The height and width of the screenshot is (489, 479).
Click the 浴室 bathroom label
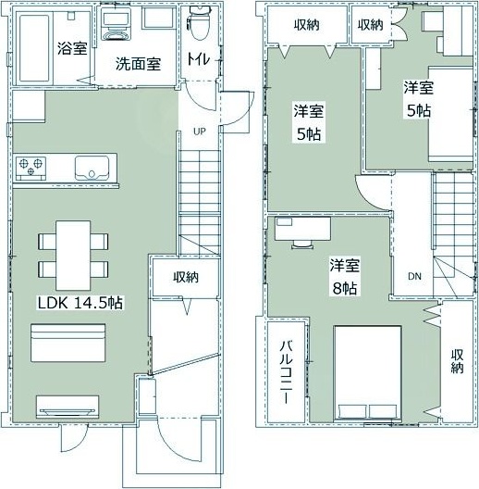pyautogui.click(x=72, y=48)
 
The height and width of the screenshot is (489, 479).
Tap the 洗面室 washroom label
pyautogui.click(x=139, y=64)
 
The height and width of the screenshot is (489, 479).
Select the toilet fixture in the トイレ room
pyautogui.click(x=198, y=23)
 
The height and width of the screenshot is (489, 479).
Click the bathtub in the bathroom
pyautogui.click(x=34, y=48)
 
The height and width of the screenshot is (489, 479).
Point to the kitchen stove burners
pyautogui.click(x=31, y=169)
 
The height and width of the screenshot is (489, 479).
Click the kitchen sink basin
pyautogui.click(x=92, y=169)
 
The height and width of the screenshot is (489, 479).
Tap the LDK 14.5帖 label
pyautogui.click(x=80, y=303)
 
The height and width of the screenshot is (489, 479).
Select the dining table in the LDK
pyautogui.click(x=73, y=256)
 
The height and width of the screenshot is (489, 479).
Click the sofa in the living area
pyautogui.click(x=68, y=343)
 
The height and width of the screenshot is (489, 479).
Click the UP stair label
pyautogui.click(x=200, y=132)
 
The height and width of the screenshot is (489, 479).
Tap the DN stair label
pyautogui.click(x=414, y=276)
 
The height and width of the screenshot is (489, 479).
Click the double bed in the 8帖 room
pyautogui.click(x=367, y=373)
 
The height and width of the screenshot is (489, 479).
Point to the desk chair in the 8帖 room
pyautogui.click(x=302, y=244)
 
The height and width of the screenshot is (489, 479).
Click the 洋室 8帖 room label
pyautogui.click(x=344, y=276)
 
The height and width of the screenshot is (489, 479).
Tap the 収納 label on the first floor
pyautogui.click(x=186, y=277)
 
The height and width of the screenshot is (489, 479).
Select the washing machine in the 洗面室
pyautogui.click(x=116, y=27)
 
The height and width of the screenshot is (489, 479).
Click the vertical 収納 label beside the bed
pyautogui.click(x=457, y=361)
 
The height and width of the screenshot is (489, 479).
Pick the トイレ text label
pyautogui.click(x=199, y=58)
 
